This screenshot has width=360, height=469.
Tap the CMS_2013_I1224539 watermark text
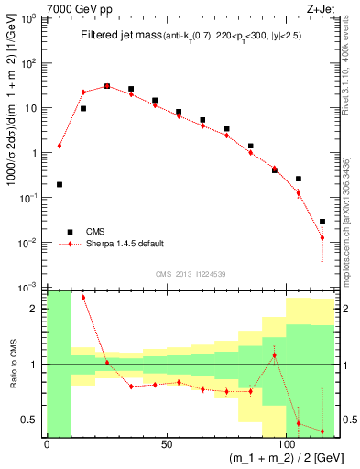tap(191, 274)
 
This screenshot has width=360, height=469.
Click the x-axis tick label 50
tap(166, 446)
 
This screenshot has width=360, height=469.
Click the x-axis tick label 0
tap(47, 446)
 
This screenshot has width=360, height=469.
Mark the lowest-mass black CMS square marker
tap(60, 184)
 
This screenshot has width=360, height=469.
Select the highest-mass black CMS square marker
tap(322, 221)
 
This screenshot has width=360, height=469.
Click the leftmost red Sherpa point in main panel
tap(60, 146)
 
